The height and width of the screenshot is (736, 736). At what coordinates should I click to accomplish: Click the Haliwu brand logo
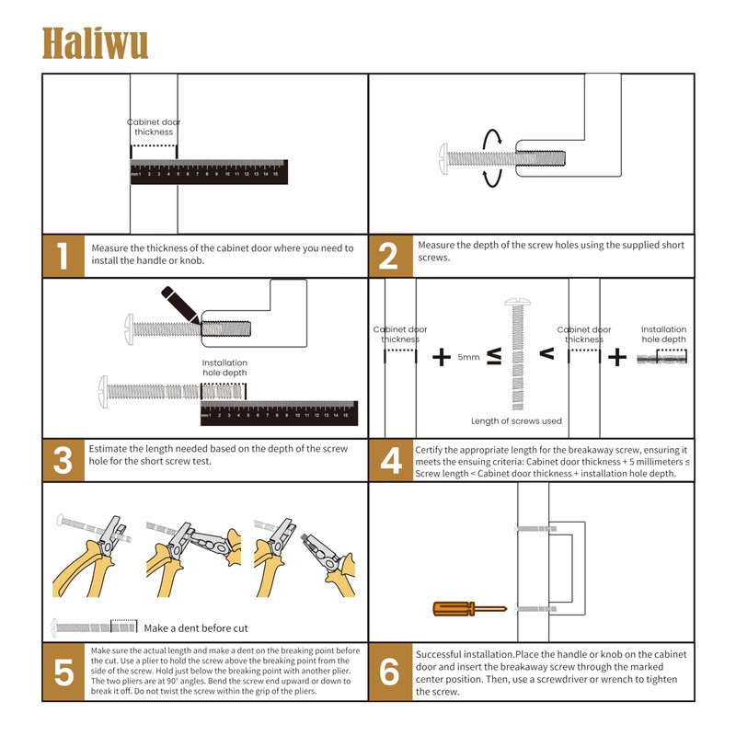95,42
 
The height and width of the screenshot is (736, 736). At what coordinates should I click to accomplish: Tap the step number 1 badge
63,255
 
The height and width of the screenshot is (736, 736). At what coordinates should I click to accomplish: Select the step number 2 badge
389,255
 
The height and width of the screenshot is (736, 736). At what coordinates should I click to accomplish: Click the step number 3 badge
63,459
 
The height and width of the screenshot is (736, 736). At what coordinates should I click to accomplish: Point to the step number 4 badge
389,459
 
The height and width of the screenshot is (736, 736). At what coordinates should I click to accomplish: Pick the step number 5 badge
63,672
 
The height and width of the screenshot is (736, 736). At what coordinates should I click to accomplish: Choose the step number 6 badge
389,672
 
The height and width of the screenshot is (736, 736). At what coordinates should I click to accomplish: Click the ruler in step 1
208,171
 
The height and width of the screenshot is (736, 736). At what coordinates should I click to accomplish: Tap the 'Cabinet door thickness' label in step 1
154,127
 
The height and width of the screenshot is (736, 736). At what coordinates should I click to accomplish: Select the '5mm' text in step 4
468,357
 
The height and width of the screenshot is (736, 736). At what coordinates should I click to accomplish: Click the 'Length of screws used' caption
516,421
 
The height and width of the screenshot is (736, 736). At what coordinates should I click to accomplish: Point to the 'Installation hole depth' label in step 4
663,334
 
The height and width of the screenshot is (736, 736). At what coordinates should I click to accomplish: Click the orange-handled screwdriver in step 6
468,608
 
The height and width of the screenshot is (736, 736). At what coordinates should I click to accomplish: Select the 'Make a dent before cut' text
196,628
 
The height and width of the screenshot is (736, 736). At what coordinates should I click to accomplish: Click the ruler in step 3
279,412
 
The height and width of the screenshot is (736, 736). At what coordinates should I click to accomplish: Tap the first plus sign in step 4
442,357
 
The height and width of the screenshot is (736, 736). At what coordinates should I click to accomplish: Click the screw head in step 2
446,158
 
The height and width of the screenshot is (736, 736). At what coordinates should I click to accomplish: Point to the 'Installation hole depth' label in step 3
224,368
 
